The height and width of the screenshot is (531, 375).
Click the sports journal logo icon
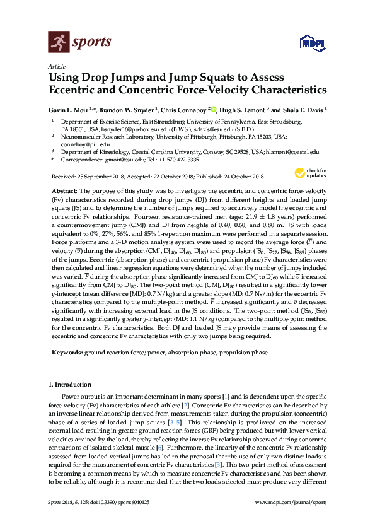(x=59, y=43)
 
